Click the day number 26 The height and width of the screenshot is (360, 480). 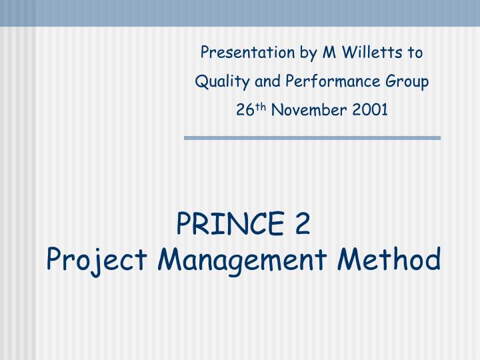tap(244, 110)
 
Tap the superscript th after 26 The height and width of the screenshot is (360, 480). tap(257, 107)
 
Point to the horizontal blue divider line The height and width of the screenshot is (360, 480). tap(312, 138)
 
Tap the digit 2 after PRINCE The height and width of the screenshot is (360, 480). tap(304, 225)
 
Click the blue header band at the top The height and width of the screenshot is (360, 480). tap(240, 13)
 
